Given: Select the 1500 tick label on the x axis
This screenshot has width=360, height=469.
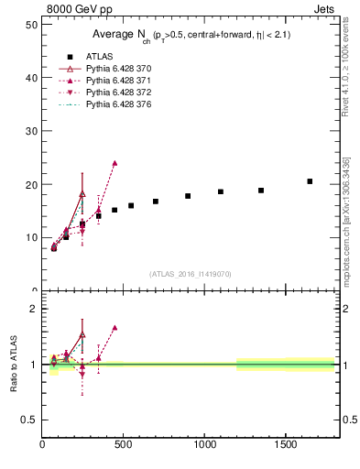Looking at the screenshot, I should click(x=286, y=444).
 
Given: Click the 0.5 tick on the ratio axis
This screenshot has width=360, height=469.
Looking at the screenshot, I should click(x=28, y=420).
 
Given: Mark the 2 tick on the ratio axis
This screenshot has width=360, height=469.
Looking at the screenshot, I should click(x=33, y=309).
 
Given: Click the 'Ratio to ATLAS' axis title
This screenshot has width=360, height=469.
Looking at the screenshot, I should click(x=12, y=364).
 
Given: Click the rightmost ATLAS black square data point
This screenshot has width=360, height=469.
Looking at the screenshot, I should click(x=310, y=181).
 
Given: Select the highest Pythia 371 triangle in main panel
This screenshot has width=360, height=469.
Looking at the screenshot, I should click(x=115, y=163).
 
